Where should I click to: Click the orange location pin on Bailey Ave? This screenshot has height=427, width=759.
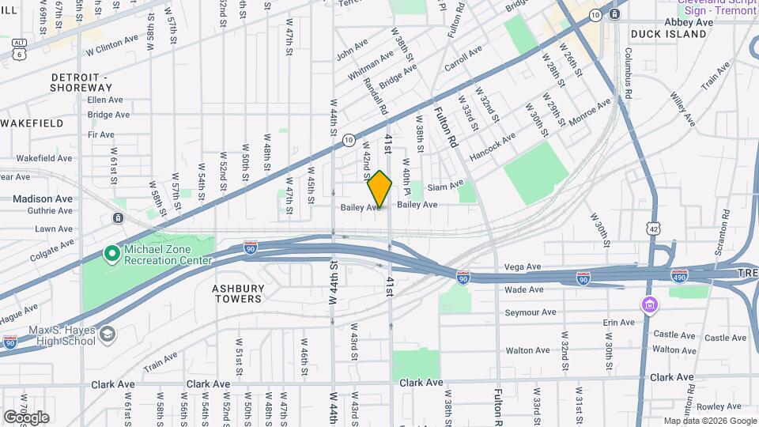(379, 190)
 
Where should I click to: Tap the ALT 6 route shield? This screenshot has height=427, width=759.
(17, 49)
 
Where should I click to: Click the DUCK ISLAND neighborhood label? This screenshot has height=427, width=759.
(668, 35)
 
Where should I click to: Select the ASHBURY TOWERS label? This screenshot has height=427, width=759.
(237, 293)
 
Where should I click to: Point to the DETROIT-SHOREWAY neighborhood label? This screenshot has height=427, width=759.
(81, 82)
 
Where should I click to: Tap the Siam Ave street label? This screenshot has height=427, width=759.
(445, 187)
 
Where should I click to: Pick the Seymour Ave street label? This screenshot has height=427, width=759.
(527, 312)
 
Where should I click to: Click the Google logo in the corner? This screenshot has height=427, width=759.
(26, 417)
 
